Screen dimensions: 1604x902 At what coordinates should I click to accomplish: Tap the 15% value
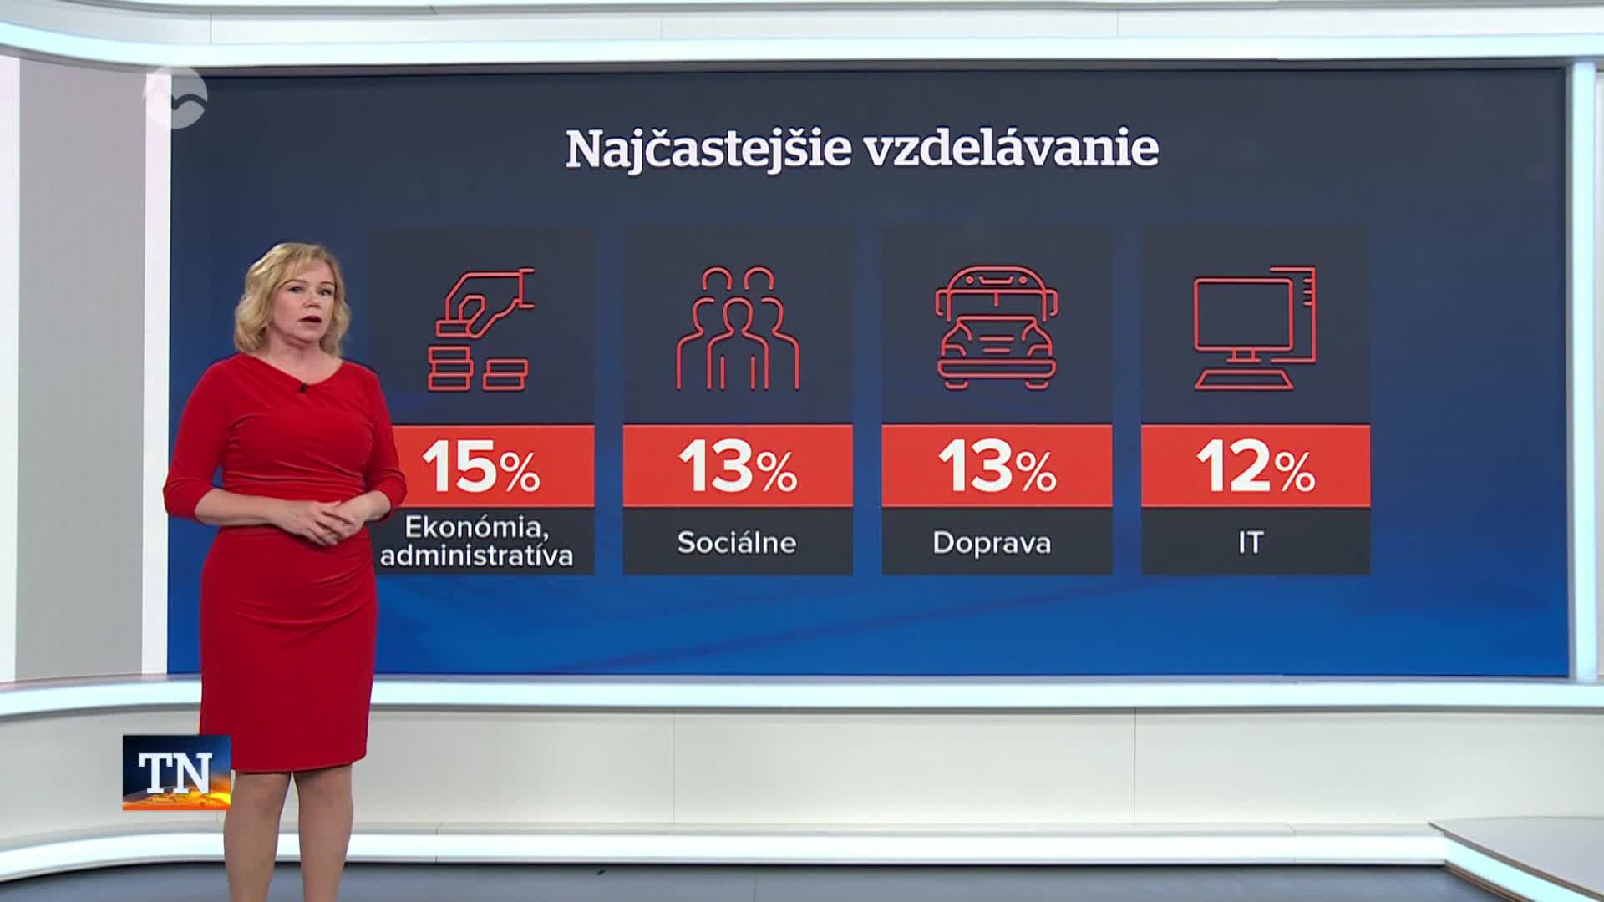click(x=481, y=467)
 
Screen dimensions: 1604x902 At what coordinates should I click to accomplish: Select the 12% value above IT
click(x=1256, y=467)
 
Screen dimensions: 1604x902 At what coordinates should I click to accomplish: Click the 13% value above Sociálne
click(x=738, y=467)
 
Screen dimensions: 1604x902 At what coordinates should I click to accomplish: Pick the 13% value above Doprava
click(x=997, y=467)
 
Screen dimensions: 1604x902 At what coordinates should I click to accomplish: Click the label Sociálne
click(x=737, y=543)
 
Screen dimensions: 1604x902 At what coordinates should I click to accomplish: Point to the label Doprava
click(x=992, y=543)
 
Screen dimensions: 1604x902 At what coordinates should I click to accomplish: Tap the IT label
click(x=1251, y=543)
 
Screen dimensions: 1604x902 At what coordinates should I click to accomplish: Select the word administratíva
click(x=477, y=555)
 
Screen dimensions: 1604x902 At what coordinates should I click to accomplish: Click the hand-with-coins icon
click(x=481, y=329)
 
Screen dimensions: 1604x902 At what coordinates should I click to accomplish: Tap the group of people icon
click(x=738, y=328)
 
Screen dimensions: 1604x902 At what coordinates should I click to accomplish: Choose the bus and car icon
click(x=997, y=327)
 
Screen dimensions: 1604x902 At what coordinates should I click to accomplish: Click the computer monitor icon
click(x=1255, y=328)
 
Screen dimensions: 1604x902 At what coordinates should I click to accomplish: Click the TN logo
click(x=176, y=773)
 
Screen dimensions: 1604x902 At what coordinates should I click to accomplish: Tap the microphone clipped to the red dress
click(x=303, y=387)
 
